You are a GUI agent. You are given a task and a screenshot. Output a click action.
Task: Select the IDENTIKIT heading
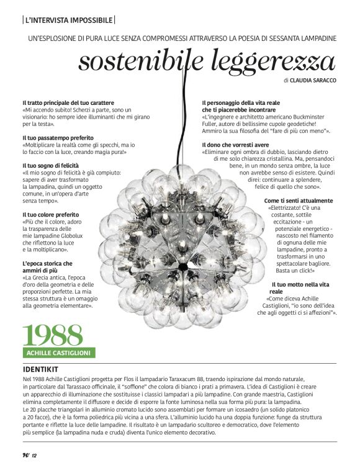coord(43,367)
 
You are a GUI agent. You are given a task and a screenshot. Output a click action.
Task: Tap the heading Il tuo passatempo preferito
coord(58,137)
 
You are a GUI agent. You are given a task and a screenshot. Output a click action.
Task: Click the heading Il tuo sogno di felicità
coord(55,166)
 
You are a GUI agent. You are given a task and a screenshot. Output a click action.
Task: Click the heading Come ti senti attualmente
coord(298,201)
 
